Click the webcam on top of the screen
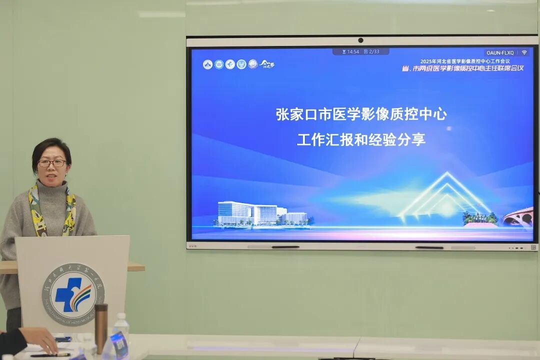coord(360,40)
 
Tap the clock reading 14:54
coord(351,51)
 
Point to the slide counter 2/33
coord(372,51)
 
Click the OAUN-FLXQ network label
coord(499,52)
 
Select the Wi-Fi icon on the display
coord(524,52)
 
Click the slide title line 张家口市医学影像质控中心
coord(361,114)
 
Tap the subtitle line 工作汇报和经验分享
coord(361,139)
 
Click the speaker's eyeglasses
coord(52,163)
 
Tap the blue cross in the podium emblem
coord(68,293)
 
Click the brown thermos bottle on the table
coord(101,327)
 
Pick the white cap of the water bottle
coord(120,316)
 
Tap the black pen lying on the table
coord(50,354)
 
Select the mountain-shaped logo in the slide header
coord(267,64)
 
